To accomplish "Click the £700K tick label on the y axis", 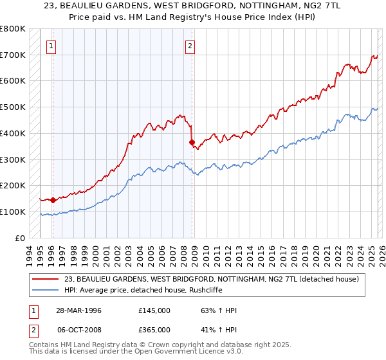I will [13, 55].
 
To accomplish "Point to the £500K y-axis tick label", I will [13, 107].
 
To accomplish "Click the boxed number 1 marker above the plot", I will [51, 46].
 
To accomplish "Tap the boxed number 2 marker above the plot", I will [190, 46].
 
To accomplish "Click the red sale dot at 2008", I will [192, 142].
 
